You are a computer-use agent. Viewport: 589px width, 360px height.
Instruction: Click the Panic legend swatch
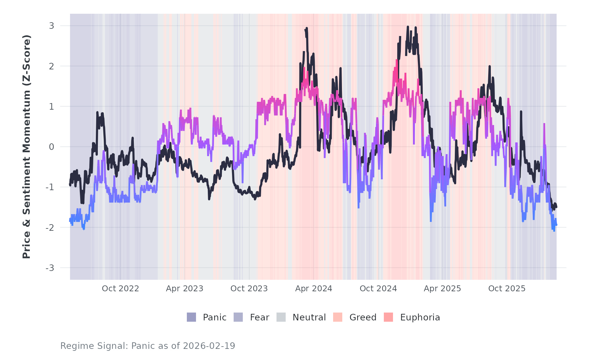click(191, 317)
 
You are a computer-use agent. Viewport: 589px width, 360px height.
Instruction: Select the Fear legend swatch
click(238, 317)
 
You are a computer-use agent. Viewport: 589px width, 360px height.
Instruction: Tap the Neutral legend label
click(309, 317)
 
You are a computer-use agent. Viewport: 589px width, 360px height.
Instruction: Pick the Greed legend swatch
click(338, 317)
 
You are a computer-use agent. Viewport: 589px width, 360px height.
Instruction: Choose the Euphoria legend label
click(420, 317)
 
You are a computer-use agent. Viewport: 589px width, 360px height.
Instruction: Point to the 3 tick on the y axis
click(52, 26)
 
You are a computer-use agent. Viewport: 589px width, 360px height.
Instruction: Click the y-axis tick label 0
click(52, 147)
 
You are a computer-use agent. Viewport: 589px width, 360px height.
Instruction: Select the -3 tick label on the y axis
click(50, 268)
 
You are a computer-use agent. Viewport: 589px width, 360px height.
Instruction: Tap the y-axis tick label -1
click(50, 187)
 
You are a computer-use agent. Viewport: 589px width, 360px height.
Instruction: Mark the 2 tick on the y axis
click(52, 66)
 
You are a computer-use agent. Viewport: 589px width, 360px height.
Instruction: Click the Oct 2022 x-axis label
click(120, 289)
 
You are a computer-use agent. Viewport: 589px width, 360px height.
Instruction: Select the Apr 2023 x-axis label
click(185, 289)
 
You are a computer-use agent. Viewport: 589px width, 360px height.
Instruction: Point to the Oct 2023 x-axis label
click(249, 289)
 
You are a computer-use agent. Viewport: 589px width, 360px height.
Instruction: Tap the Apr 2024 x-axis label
click(313, 289)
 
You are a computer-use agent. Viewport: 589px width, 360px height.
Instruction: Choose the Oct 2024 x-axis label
click(378, 289)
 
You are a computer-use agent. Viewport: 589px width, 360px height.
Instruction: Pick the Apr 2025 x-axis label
click(442, 289)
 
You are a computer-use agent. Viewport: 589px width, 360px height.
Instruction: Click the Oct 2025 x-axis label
click(507, 289)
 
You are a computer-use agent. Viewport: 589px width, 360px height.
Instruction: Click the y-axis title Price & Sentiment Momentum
click(27, 147)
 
